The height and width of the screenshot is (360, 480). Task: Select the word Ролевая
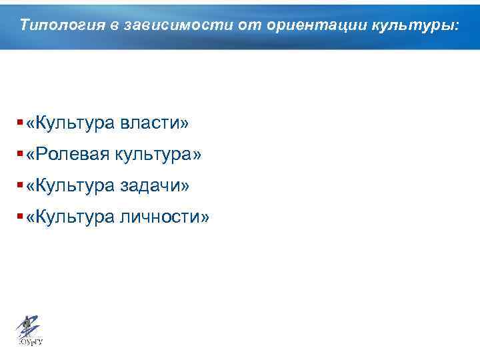coord(73,155)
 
